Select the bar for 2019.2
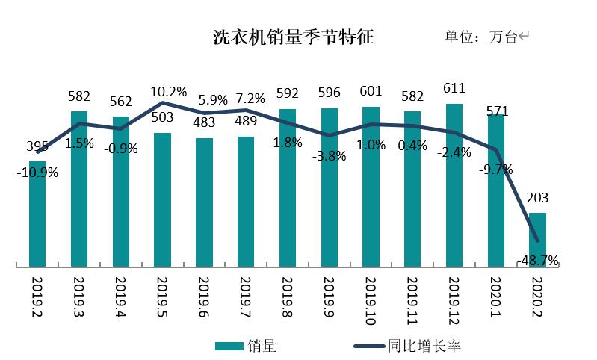[x=37, y=213]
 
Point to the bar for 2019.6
[x=204, y=202]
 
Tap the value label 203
[x=537, y=198]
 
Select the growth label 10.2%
[x=168, y=92]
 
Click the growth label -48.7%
[x=537, y=260]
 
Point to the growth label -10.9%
[x=37, y=172]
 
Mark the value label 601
[x=371, y=92]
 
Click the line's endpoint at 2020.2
[x=538, y=240]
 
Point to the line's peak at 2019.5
[x=163, y=103]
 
